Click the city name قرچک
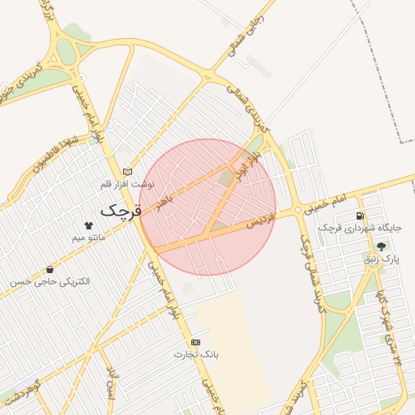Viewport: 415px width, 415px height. click(121, 211)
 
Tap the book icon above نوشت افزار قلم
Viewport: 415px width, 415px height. click(126, 172)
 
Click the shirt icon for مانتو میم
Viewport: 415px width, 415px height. click(88, 225)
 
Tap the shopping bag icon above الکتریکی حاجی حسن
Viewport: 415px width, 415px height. click(50, 269)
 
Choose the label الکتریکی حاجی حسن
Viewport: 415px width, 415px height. click(50, 281)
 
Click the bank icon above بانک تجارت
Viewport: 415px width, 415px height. click(195, 343)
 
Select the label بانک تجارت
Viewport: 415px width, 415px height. click(195, 355)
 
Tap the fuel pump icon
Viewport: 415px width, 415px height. click(359, 215)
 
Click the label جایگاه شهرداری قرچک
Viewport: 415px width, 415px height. click(352, 228)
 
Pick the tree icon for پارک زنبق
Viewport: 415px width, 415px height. click(381, 246)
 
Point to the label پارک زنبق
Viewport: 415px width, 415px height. click(381, 259)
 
